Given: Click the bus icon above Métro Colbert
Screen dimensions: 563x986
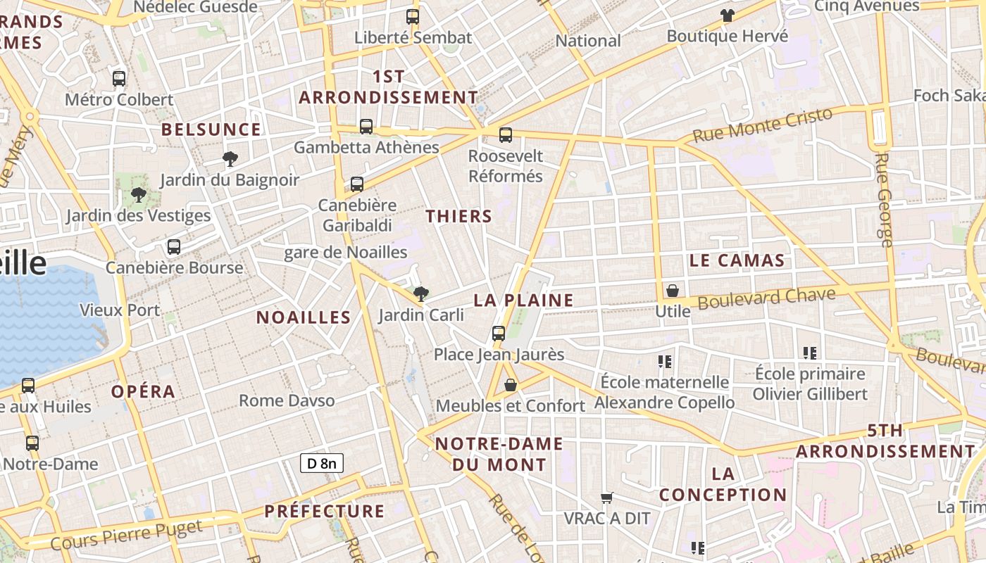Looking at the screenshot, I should click(119, 79).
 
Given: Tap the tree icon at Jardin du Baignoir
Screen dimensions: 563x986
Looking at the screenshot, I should click(230, 158).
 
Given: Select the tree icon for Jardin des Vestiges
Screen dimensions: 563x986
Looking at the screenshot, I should click(139, 194).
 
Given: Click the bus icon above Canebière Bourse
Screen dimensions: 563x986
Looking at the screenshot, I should click(173, 247).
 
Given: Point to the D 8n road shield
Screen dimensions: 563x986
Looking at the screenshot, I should click(322, 462).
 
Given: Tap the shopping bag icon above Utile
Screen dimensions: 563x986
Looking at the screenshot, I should click(673, 291).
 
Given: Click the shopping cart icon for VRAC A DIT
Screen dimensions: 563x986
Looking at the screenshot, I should click(606, 498).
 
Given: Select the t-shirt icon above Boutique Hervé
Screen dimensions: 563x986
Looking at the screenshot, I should click(727, 15).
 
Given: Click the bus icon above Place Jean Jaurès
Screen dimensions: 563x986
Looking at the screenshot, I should click(499, 334).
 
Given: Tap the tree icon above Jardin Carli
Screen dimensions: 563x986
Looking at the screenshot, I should click(421, 293).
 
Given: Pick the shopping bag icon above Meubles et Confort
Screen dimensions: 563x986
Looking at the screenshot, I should click(511, 385).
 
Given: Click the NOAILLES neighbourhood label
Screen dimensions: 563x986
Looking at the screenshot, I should click(304, 317).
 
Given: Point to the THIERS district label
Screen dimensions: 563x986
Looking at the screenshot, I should click(458, 217).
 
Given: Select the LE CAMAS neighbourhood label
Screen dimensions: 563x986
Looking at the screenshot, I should click(737, 260).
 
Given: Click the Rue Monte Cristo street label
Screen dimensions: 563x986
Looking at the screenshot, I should click(763, 125).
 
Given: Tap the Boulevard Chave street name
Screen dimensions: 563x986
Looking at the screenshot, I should click(767, 298).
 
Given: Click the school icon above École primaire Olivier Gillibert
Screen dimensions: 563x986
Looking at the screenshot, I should click(810, 353).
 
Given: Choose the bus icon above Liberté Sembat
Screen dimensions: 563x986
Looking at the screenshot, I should click(413, 17).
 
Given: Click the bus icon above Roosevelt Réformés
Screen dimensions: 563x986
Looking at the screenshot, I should click(506, 135).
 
